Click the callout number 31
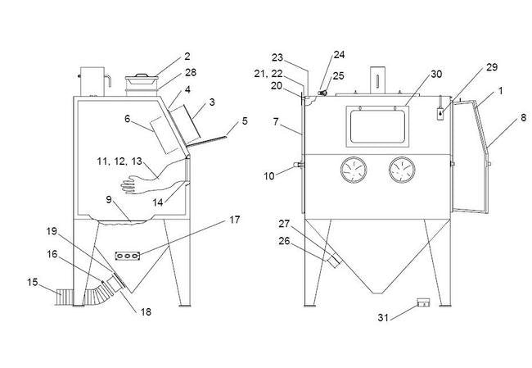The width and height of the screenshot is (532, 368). pyautogui.click(x=381, y=318)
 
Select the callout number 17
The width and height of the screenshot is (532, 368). pyautogui.click(x=235, y=220)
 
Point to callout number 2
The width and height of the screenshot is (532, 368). pyautogui.click(x=187, y=57)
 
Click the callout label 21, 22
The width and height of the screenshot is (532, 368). pyautogui.click(x=269, y=74)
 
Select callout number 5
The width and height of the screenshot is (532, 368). pyautogui.click(x=244, y=122)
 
